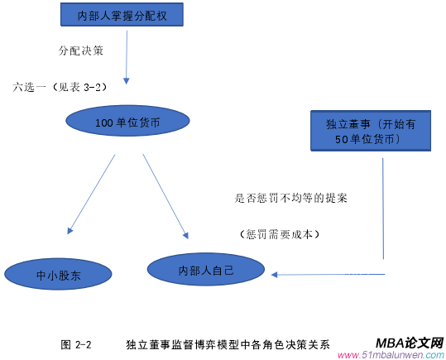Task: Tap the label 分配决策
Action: [x=80, y=50]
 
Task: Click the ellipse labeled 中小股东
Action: [x=57, y=273]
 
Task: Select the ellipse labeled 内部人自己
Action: [x=206, y=270]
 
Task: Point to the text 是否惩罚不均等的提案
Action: [x=291, y=199]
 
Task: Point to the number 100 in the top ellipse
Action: [x=103, y=122]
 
